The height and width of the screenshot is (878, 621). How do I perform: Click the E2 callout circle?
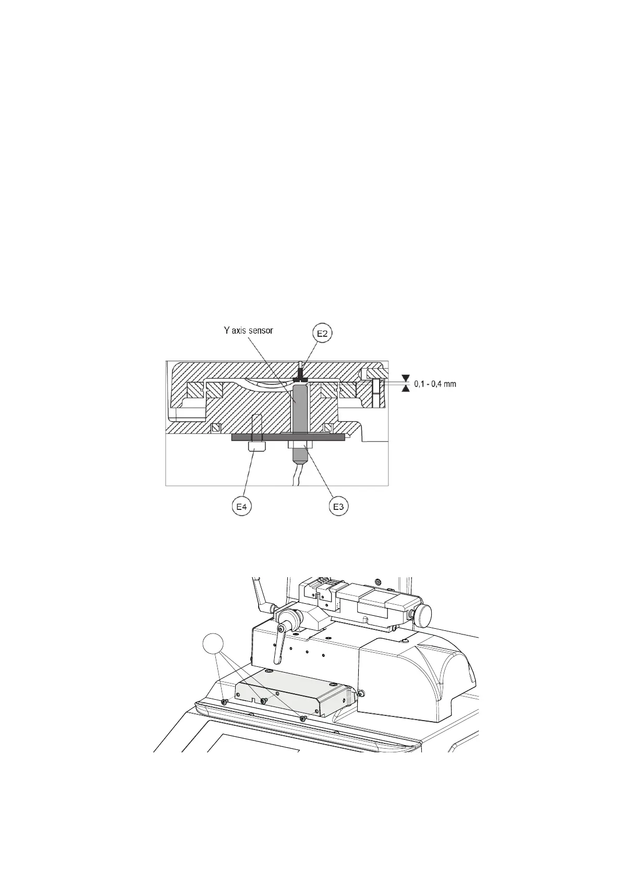click(323, 334)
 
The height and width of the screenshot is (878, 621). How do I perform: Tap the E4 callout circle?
click(241, 506)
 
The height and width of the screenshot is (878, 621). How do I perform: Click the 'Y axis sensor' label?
click(246, 331)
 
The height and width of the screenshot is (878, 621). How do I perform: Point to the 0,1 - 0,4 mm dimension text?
click(435, 384)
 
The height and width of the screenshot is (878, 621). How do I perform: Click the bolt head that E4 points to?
click(258, 447)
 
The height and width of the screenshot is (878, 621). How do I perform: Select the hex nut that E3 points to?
click(299, 446)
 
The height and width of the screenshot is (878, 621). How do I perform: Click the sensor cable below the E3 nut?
click(296, 477)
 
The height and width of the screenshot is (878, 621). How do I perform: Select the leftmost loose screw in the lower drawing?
click(224, 702)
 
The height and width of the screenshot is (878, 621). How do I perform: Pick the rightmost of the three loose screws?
click(303, 718)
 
